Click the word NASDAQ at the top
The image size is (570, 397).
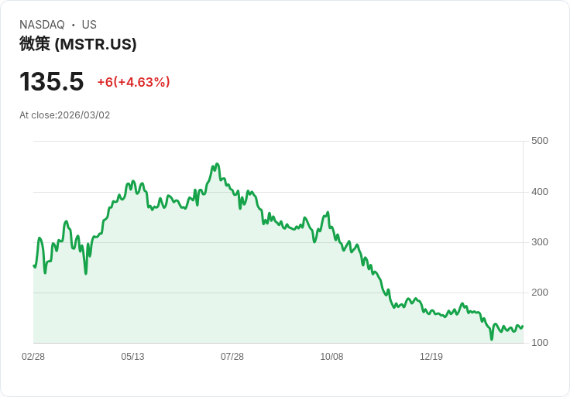pyautogui.click(x=42, y=25)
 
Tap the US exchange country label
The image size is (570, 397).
pyautogui.click(x=89, y=25)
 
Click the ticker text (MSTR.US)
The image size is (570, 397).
pyautogui.click(x=95, y=44)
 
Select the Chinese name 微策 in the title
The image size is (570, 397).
pyautogui.click(x=35, y=44)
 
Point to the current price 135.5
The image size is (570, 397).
pyautogui.click(x=52, y=81)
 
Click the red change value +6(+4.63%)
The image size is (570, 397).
pyautogui.click(x=133, y=82)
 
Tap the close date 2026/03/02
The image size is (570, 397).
pyautogui.click(x=84, y=115)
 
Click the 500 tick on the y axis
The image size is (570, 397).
pyautogui.click(x=540, y=141)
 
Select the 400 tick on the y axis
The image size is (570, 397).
pyautogui.click(x=540, y=192)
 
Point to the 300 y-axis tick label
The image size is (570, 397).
pyautogui.click(x=540, y=242)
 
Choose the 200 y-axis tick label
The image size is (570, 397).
pyautogui.click(x=540, y=293)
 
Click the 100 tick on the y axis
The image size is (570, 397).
pyautogui.click(x=540, y=343)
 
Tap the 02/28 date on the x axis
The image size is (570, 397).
pyautogui.click(x=33, y=357)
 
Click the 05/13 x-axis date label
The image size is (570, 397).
pyautogui.click(x=132, y=357)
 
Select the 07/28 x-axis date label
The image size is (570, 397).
pyautogui.click(x=232, y=357)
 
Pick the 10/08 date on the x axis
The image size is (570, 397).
pyautogui.click(x=331, y=357)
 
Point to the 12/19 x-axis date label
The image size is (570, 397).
pyautogui.click(x=431, y=357)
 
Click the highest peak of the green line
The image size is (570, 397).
pyautogui.click(x=217, y=164)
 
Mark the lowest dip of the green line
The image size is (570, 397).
pyautogui.click(x=492, y=339)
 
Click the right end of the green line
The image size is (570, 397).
pyautogui.click(x=523, y=326)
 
